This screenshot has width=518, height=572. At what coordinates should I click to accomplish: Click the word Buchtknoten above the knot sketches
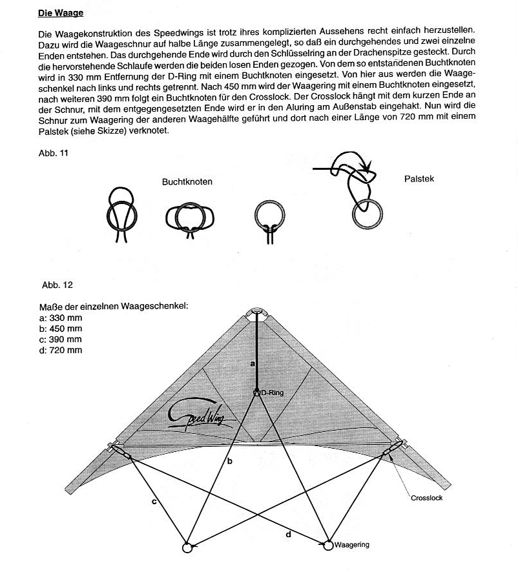pos(187,182)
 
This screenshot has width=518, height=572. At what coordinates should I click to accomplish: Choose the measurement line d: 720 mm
pos(60,350)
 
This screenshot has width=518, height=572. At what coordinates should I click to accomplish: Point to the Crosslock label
pos(426,498)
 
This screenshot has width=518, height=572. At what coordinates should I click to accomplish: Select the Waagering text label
pos(352,545)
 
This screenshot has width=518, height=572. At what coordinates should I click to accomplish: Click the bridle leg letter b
pos(229,461)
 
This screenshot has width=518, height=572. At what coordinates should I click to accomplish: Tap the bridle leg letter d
pos(288,533)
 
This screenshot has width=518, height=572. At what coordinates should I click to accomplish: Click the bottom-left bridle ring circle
pos(188,547)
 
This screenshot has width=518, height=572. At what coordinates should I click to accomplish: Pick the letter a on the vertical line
pos(253,364)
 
